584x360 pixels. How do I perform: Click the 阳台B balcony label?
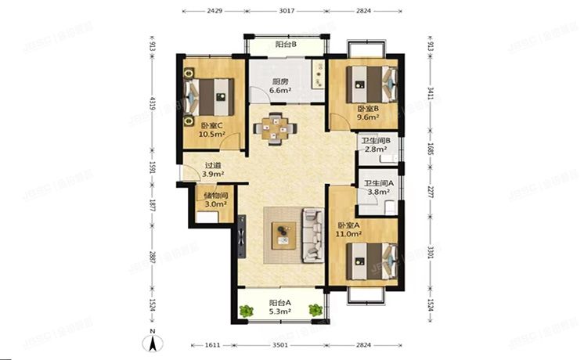click(x=286, y=45)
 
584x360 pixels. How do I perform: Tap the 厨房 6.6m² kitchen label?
click(x=280, y=86)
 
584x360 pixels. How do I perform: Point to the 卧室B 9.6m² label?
click(x=368, y=113)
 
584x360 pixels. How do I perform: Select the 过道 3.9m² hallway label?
click(x=213, y=169)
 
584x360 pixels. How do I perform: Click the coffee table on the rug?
click(x=282, y=233)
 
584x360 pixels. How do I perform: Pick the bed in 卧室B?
click(x=372, y=81)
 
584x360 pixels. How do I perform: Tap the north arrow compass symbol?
click(x=154, y=342)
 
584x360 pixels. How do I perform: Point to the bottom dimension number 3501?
click(x=283, y=344)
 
